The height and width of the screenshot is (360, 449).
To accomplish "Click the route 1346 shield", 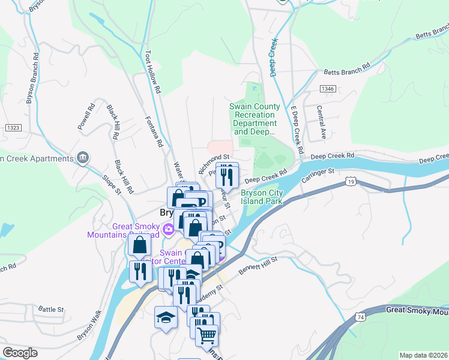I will (328, 89).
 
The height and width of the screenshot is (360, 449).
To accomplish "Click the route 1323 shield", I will (13, 128).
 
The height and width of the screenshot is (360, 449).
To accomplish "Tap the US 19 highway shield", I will (351, 181).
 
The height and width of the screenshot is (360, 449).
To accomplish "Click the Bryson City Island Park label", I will (262, 197).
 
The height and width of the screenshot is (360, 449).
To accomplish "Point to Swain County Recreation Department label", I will (255, 119).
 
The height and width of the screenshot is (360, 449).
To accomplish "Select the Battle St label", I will (51, 309).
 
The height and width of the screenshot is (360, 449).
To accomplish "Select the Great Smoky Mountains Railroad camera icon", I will (169, 228).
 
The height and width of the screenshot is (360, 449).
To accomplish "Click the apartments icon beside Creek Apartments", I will (83, 158).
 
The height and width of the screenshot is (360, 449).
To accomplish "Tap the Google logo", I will (20, 352).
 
